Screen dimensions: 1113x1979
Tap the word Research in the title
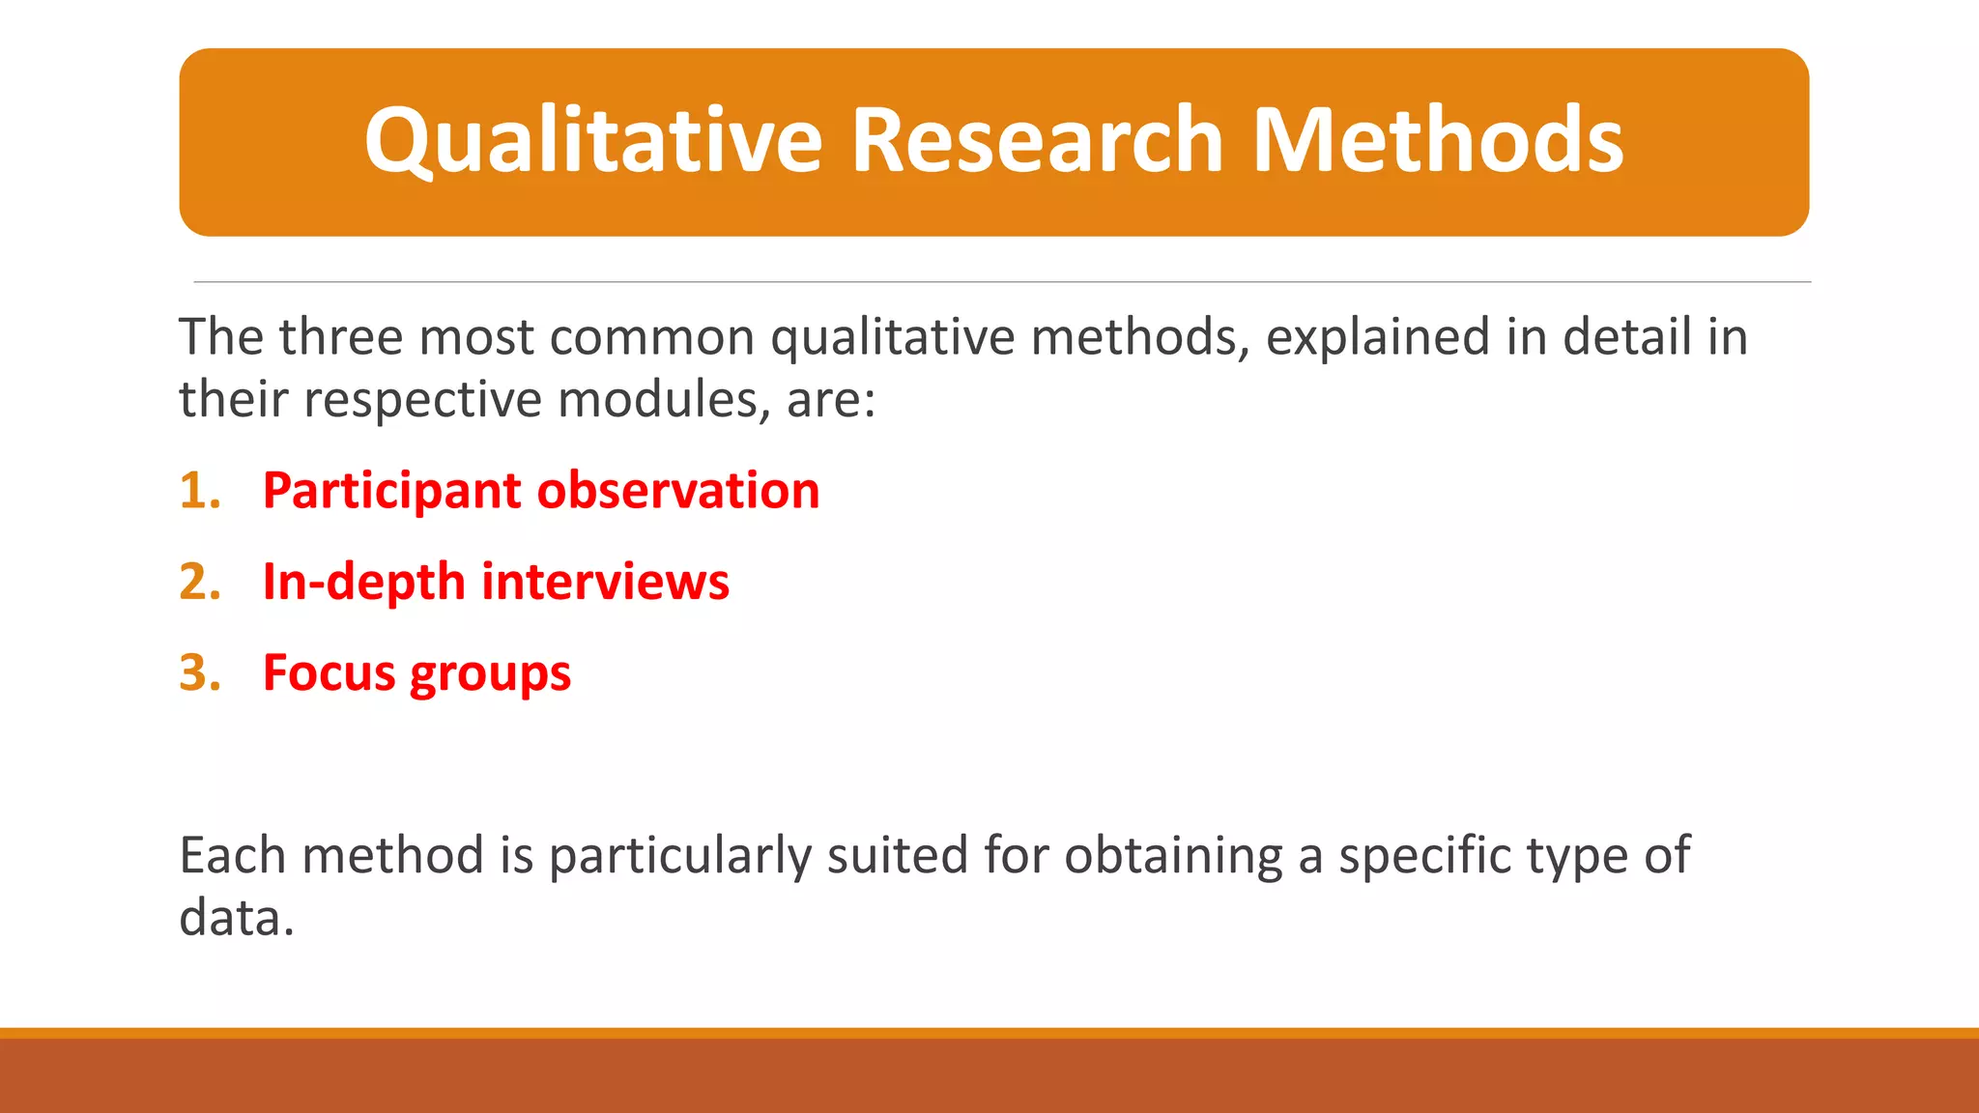pos(1037,141)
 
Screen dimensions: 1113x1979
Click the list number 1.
pos(199,491)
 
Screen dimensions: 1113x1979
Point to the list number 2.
pos(200,583)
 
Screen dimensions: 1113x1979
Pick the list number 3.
pos(200,673)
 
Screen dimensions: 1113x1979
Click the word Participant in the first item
pos(392,491)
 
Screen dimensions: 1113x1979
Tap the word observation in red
pos(678,491)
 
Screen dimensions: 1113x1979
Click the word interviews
pos(605,583)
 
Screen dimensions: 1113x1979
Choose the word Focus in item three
pos(329,673)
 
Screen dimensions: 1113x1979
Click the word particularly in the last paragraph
pos(680,856)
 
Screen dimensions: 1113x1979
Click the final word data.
pos(236,918)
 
